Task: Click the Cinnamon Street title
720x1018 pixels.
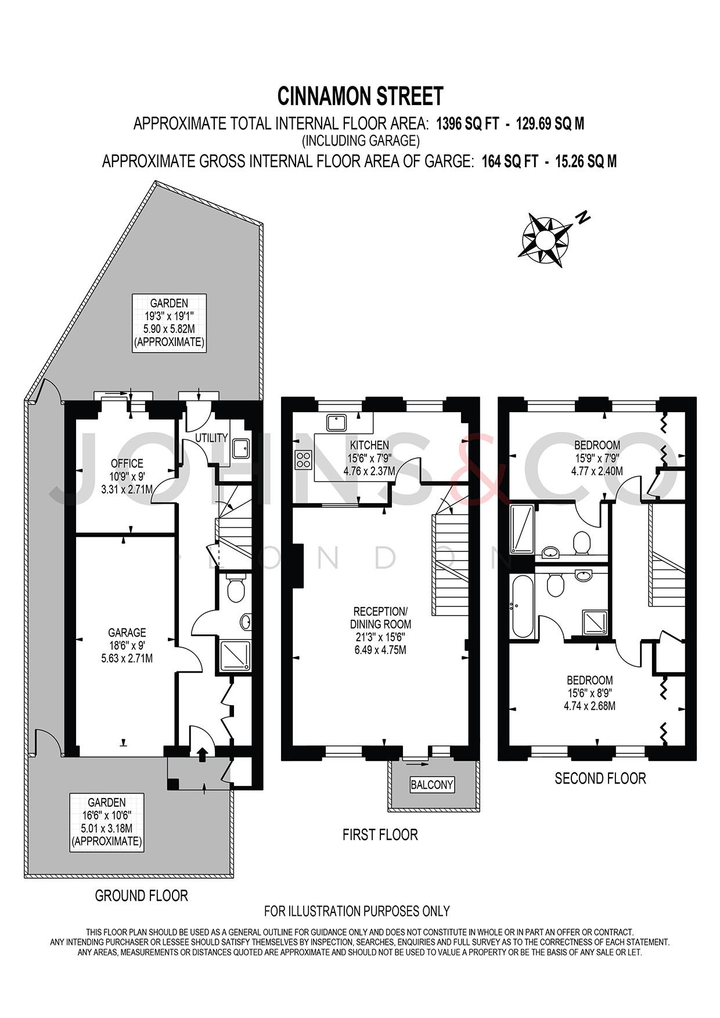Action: pos(360,96)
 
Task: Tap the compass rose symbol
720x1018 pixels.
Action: pos(545,240)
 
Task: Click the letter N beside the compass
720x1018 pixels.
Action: pos(582,218)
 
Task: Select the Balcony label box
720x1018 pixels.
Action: pos(431,785)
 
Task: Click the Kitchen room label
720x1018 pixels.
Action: pos(369,445)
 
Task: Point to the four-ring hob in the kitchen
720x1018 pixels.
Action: pos(303,460)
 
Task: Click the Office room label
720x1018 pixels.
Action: pos(127,463)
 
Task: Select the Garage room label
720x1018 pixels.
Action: pos(127,632)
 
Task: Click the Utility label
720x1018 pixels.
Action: pos(211,438)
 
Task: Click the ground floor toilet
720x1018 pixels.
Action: pos(236,590)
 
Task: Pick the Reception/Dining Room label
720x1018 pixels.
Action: pos(380,618)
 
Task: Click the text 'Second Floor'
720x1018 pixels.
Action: pos(600,778)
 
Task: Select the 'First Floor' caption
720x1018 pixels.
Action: pos(380,835)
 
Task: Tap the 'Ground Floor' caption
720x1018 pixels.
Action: pos(141,896)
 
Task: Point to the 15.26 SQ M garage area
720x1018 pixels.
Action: pos(586,161)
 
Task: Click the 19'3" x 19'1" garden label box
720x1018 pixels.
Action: pos(169,323)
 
